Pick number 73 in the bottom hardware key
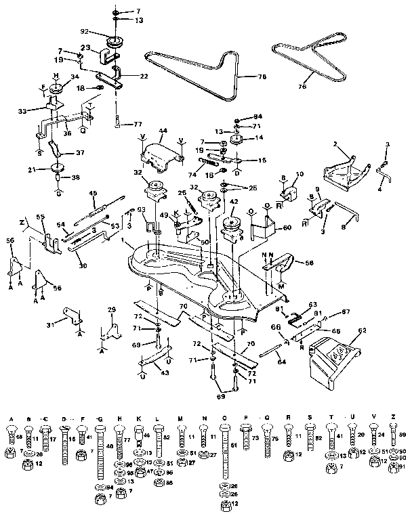click(255, 438)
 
